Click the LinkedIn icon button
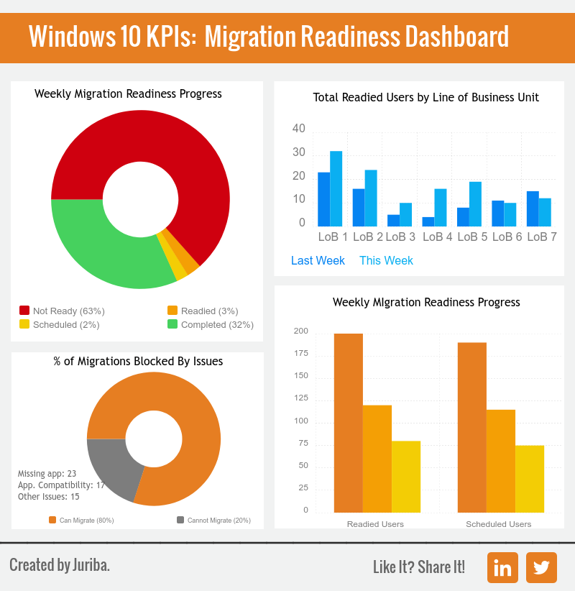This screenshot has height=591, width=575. [502, 567]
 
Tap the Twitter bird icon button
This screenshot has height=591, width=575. [541, 567]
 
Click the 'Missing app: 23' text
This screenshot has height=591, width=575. [47, 474]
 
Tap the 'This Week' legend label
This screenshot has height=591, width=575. [386, 261]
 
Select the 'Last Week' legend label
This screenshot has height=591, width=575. [318, 261]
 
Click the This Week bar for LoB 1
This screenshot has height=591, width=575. [336, 189]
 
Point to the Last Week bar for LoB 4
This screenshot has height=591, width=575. [428, 221]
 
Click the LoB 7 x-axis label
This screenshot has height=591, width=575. [542, 237]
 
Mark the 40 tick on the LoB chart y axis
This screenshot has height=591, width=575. [299, 129]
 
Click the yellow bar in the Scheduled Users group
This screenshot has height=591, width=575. [530, 478]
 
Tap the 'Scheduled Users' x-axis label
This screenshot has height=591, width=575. [498, 524]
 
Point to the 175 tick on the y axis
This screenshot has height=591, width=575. [300, 354]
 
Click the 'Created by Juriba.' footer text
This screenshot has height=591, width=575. [60, 565]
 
